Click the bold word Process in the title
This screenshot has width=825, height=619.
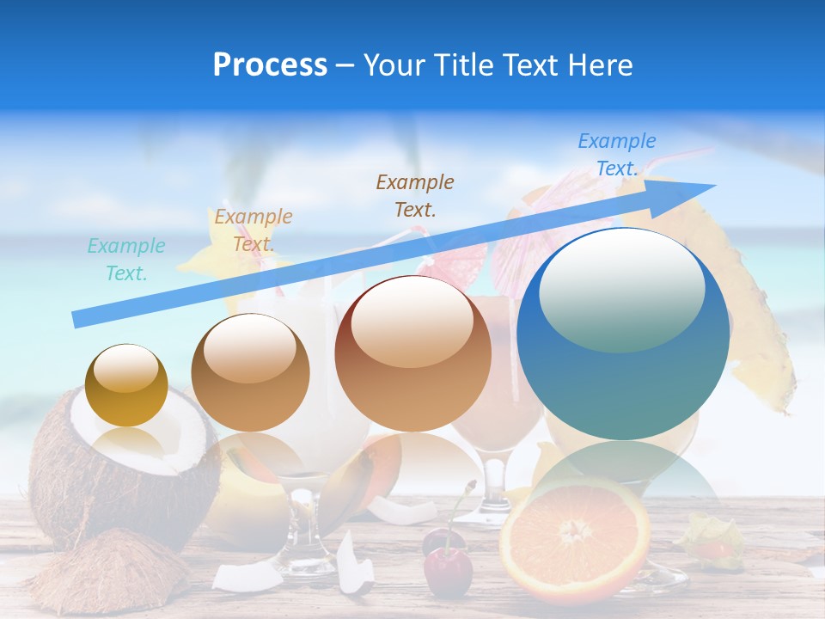(270, 65)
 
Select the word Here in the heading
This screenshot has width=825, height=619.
(601, 65)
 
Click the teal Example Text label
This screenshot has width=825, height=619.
(126, 260)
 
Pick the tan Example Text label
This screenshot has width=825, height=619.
(254, 230)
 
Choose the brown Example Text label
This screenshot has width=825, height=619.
(415, 195)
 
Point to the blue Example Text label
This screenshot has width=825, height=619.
(617, 155)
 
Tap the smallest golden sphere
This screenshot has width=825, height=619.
(126, 385)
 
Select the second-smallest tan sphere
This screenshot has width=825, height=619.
(250, 372)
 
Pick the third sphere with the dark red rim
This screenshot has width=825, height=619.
(412, 353)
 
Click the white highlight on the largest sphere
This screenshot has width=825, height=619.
(621, 292)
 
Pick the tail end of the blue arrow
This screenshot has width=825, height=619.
(79, 319)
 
